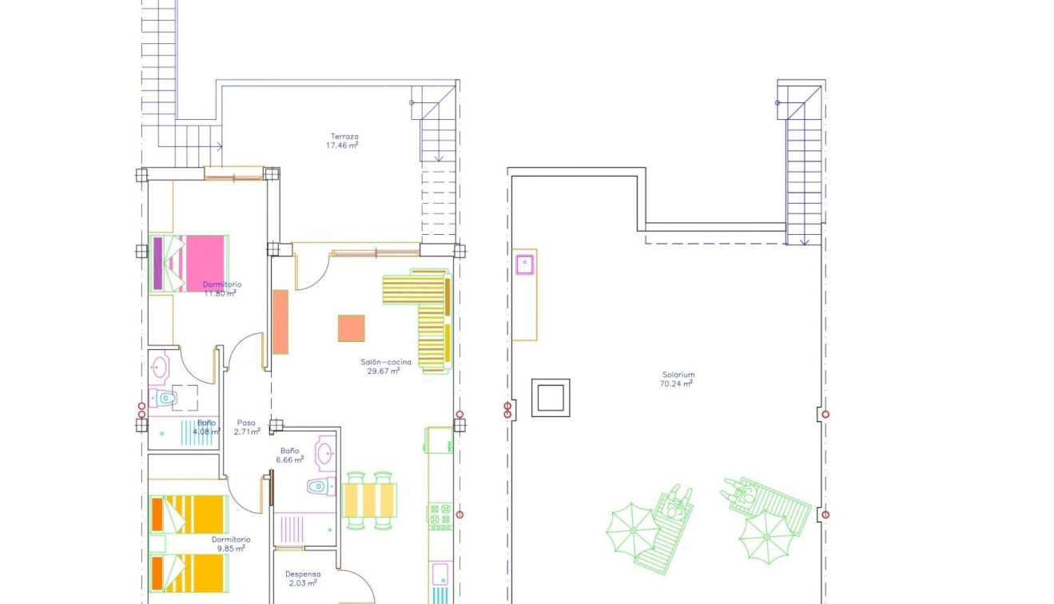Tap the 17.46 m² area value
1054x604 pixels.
point(342,146)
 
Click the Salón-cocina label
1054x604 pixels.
point(386,362)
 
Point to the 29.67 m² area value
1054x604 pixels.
point(384,371)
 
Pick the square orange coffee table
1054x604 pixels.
point(351,328)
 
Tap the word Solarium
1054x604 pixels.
point(678,374)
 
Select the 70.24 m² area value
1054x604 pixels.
point(677,383)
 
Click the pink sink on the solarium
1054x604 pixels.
point(525,264)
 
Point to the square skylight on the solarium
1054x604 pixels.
point(551,397)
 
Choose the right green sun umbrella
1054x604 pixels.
point(764,534)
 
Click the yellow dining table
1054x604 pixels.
point(370,500)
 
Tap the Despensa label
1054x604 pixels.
point(303,574)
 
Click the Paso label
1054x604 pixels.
point(246,423)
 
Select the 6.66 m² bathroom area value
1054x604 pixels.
point(289,460)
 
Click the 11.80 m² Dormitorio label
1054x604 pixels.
point(221,284)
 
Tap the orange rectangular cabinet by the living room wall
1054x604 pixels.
point(280,321)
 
